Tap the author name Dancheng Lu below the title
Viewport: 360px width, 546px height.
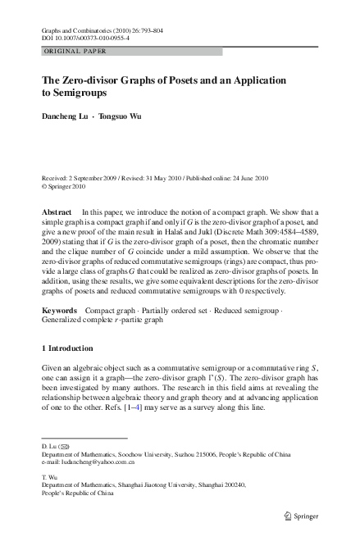(x=65, y=116)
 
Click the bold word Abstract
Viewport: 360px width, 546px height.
(x=57, y=212)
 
